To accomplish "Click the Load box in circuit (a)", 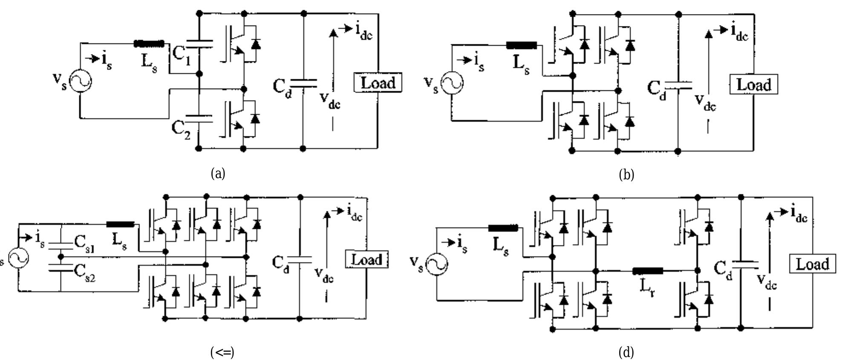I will pos(378,83).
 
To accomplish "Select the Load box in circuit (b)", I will pos(753,85).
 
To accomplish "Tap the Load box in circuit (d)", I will pos(812,264).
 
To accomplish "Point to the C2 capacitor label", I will pos(181,128).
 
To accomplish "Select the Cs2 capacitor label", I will pos(84,272).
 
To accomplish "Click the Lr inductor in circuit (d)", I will pos(648,271).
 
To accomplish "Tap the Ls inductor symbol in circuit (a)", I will pos(149,43).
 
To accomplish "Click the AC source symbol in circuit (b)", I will pos(452,83).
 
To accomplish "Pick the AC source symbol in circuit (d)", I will pos(436,264).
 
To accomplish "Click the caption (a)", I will pos(218,173).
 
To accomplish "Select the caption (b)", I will pos(626,175).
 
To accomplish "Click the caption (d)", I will pos(626,352).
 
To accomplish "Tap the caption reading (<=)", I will pos(222,352).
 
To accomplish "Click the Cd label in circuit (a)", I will pos(282,88).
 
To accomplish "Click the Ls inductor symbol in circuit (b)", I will pos(521,46).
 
